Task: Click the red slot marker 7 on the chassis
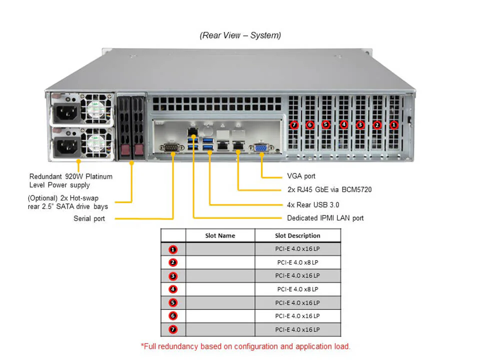[x=294, y=125]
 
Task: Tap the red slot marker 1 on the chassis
[x=394, y=125]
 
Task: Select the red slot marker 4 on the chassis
[x=343, y=124]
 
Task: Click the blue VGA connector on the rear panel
[x=261, y=148]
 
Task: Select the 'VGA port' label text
[x=301, y=176]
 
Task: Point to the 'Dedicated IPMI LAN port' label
[x=325, y=218]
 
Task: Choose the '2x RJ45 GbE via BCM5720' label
[x=329, y=190]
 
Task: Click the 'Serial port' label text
[x=89, y=218]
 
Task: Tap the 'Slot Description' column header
[x=297, y=235]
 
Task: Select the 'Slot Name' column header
[x=220, y=235]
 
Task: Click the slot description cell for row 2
[x=297, y=262]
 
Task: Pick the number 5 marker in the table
[x=173, y=303]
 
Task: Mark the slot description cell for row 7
[x=297, y=330]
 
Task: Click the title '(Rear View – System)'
[x=240, y=35]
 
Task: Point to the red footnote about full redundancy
[x=245, y=346]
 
